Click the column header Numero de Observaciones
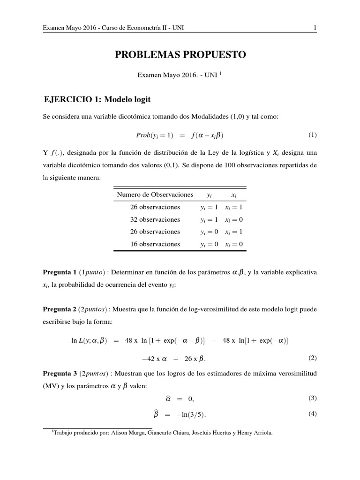tap(155, 194)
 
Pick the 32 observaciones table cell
tap(155, 219)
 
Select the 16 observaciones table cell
tap(155, 244)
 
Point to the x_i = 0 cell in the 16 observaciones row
tap(233, 244)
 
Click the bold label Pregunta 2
tap(60, 308)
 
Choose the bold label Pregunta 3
tap(60, 373)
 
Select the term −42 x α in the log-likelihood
tap(154, 359)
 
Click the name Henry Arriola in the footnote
tap(256, 433)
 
